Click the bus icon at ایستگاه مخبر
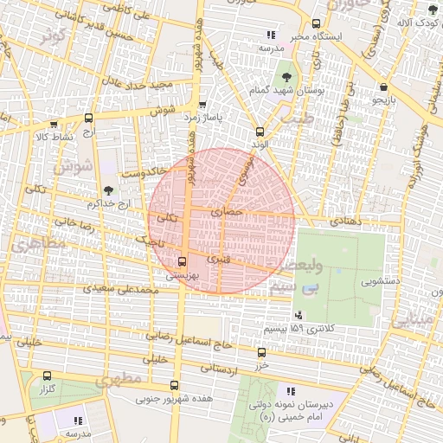click(x=316, y=24)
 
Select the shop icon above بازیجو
click(x=382, y=87)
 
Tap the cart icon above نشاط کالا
click(x=55, y=125)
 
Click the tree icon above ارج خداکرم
click(x=108, y=190)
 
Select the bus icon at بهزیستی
click(x=182, y=260)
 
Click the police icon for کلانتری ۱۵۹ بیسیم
click(x=299, y=313)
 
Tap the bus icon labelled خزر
click(x=261, y=352)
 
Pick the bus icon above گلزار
click(x=47, y=376)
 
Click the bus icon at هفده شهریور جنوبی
click(x=175, y=386)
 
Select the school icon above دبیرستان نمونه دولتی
click(x=289, y=391)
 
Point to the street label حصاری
click(x=234, y=210)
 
